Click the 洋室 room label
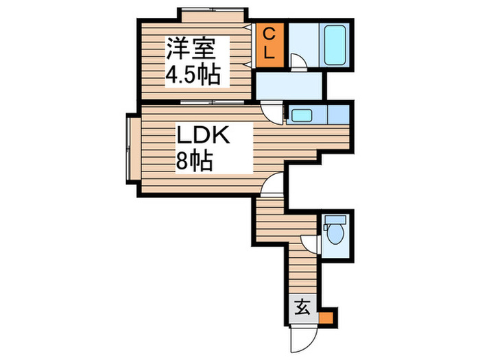coord(191,48)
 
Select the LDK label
coord(204,135)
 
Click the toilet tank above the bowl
coord(335,220)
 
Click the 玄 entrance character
coord(302,307)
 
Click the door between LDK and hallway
coord(272,182)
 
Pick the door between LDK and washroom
coord(274,112)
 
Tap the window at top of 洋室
coord(211,12)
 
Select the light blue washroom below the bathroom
coord(289,86)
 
